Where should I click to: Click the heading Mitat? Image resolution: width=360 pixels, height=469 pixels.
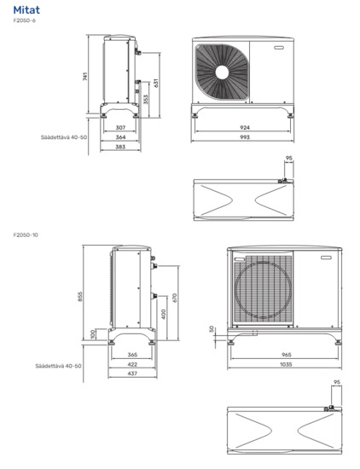pos(26,10)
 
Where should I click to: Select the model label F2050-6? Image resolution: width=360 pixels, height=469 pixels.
pos(24,20)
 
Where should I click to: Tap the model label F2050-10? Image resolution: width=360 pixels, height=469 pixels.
pos(26,234)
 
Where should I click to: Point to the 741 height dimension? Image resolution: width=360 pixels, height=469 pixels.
pos(85,76)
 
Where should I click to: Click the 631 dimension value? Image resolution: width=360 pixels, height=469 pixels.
pos(156,84)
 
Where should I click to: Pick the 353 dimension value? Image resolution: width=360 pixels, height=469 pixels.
pos(145,99)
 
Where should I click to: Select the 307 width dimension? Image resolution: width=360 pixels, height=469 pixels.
pos(120,128)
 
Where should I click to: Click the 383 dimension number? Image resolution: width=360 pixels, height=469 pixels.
pos(120,147)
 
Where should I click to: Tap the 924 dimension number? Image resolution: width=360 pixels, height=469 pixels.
pos(245,128)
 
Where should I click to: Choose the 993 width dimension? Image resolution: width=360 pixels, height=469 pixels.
pos(245,137)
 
